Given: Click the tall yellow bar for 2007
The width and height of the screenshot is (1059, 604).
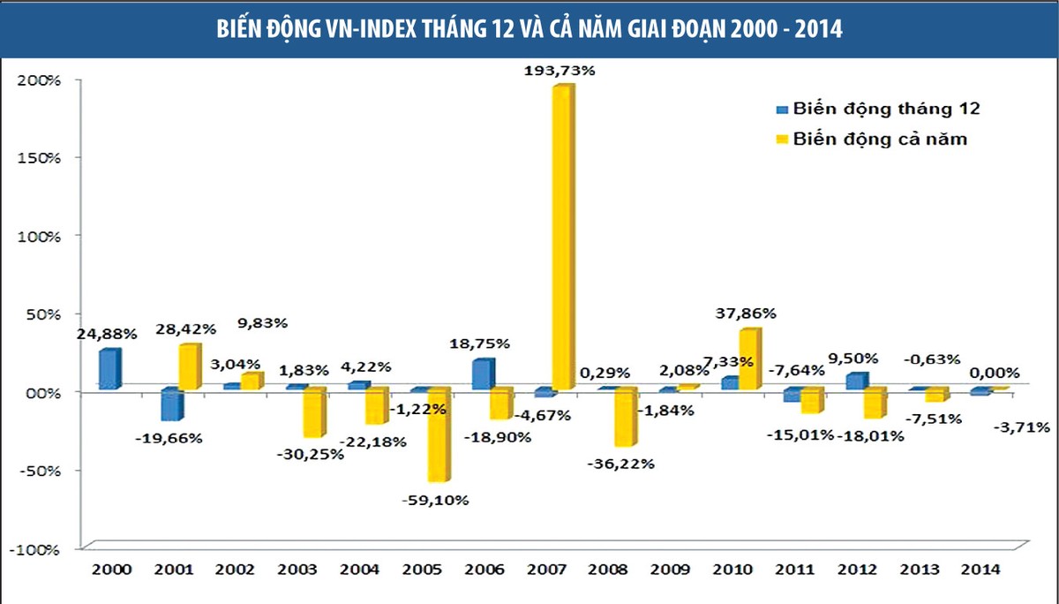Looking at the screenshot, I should click(562, 238).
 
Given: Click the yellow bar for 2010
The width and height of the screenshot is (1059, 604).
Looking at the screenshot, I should click(748, 359).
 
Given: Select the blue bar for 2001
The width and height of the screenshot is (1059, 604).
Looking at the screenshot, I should click(171, 404).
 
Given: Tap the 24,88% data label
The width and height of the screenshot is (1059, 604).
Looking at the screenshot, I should click(106, 335).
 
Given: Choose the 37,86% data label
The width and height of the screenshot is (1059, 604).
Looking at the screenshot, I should click(746, 313).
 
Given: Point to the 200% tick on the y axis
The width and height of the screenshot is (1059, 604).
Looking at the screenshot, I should click(37, 80).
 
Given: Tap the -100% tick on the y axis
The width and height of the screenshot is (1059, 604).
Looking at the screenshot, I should click(35, 548).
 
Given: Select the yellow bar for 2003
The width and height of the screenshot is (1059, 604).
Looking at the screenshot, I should click(313, 413).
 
